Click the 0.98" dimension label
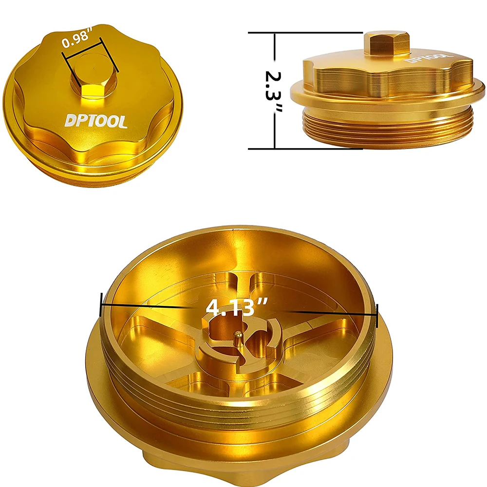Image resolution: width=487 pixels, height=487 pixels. coord(77,37)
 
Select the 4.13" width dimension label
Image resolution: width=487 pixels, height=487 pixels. coord(237,307)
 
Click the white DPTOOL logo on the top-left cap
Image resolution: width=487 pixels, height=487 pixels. coord(96,121)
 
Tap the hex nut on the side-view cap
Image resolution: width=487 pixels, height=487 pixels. coord(385,45)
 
